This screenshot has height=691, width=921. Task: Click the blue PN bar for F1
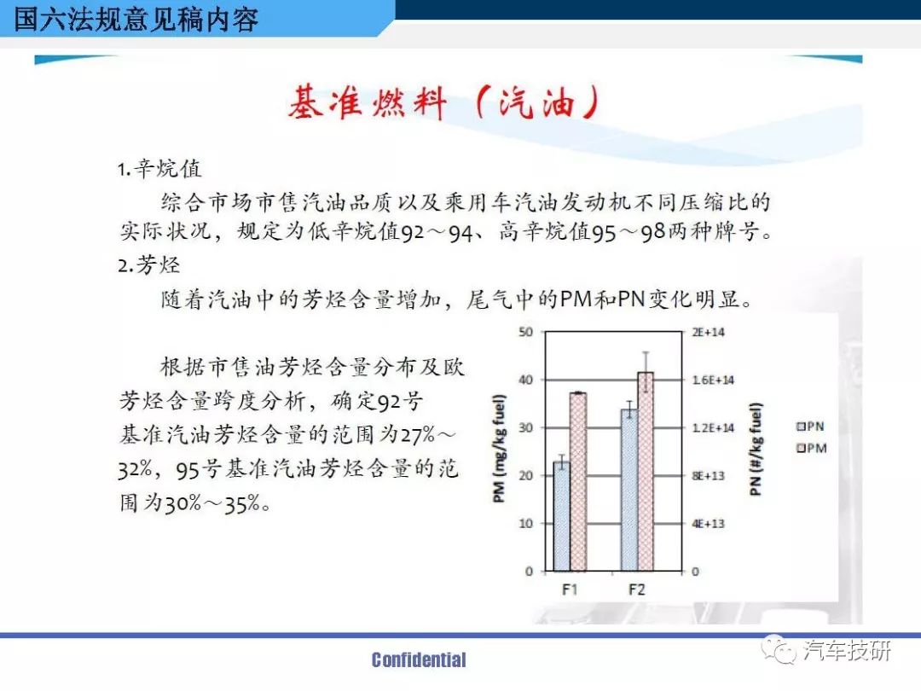tap(561, 516)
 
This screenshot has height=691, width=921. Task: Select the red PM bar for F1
tap(578, 482)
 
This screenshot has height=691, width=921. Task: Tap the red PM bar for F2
tap(646, 471)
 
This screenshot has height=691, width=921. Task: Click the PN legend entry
tap(810, 426)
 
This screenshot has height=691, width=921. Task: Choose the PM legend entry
tap(811, 448)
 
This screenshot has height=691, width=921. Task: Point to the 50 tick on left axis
tap(525, 332)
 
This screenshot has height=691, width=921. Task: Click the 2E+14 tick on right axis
tap(708, 332)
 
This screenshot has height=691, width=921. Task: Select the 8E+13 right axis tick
tap(708, 475)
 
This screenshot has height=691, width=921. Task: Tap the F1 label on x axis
tap(570, 589)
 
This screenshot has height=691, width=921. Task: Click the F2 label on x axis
tap(637, 589)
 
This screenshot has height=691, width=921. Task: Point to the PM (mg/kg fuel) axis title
tap(499, 449)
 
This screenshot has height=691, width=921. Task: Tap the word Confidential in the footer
tap(419, 659)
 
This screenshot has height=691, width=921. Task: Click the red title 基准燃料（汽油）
tap(443, 102)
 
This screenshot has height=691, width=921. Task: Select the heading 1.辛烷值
tap(159, 169)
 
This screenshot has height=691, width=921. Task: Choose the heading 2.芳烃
tap(148, 265)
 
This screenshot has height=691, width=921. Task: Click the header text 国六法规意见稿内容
tap(136, 19)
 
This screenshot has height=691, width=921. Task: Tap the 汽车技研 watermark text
tap(847, 650)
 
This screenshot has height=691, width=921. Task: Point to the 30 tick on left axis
tap(525, 427)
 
